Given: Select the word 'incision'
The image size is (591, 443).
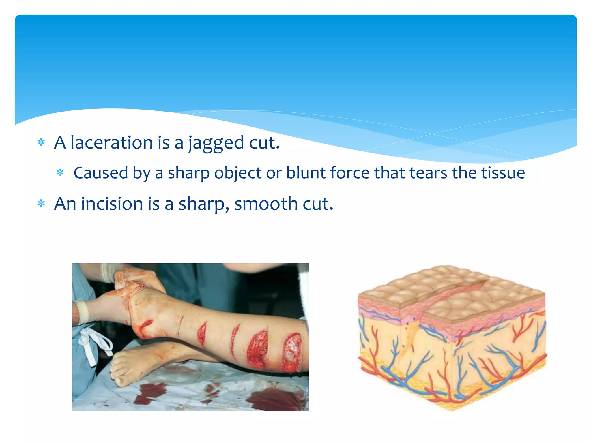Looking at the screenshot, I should (x=112, y=204).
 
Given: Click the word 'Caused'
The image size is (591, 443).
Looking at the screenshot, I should (x=101, y=173).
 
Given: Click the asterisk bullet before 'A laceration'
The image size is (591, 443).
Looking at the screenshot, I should (x=41, y=142).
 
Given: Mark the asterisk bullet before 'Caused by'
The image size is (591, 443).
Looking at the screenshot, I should (x=60, y=173).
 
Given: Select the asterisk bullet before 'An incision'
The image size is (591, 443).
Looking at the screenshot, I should (x=41, y=204).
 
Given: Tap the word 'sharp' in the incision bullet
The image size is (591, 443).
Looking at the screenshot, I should (x=202, y=204).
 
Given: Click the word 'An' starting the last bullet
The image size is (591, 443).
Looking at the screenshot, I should (x=65, y=204).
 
